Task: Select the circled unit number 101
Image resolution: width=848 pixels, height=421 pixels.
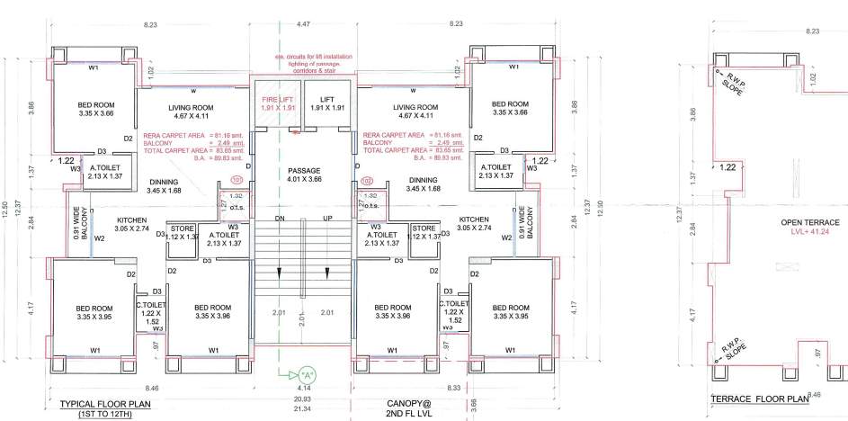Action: pyautogui.click(x=237, y=179)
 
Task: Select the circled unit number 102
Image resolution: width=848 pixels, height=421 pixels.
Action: pyautogui.click(x=367, y=180)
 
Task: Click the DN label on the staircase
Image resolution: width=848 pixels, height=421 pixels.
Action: pyautogui.click(x=280, y=219)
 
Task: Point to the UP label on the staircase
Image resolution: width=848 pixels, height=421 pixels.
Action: pyautogui.click(x=327, y=219)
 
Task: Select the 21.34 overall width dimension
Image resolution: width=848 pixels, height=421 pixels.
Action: pyautogui.click(x=303, y=408)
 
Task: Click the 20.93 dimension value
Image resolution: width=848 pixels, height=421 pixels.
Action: pyautogui.click(x=303, y=399)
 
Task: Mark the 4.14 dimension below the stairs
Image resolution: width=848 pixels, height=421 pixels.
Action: pyautogui.click(x=303, y=389)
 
